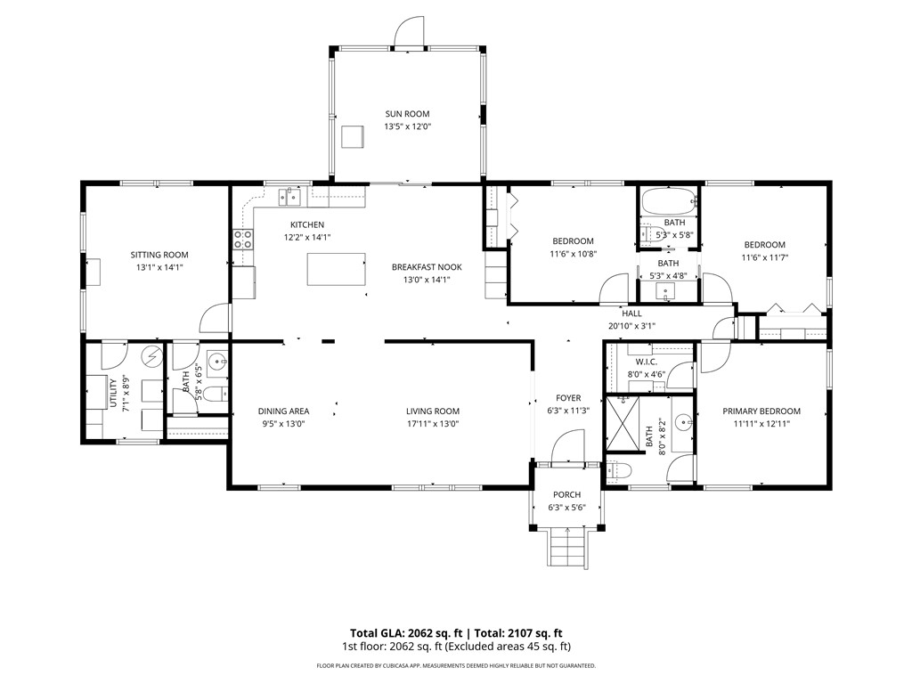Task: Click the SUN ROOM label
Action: point(407,114)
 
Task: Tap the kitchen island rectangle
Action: point(336,269)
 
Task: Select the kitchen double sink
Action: point(289,197)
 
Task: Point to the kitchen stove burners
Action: point(243,239)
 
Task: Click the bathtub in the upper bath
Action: point(669,201)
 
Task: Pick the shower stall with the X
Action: point(623,423)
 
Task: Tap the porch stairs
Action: point(566,547)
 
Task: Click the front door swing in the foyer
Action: point(566,447)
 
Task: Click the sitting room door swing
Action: point(214,319)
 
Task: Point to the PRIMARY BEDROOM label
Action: point(761,411)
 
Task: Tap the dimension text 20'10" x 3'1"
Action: point(631,326)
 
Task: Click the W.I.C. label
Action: point(647,362)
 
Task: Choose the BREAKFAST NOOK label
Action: point(427,267)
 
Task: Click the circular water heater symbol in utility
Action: point(153,356)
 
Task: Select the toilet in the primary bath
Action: point(617,470)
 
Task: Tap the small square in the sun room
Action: point(353,136)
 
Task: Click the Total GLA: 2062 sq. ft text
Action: point(406,633)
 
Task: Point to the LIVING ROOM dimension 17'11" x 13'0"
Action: point(433,424)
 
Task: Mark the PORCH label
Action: point(567,495)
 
